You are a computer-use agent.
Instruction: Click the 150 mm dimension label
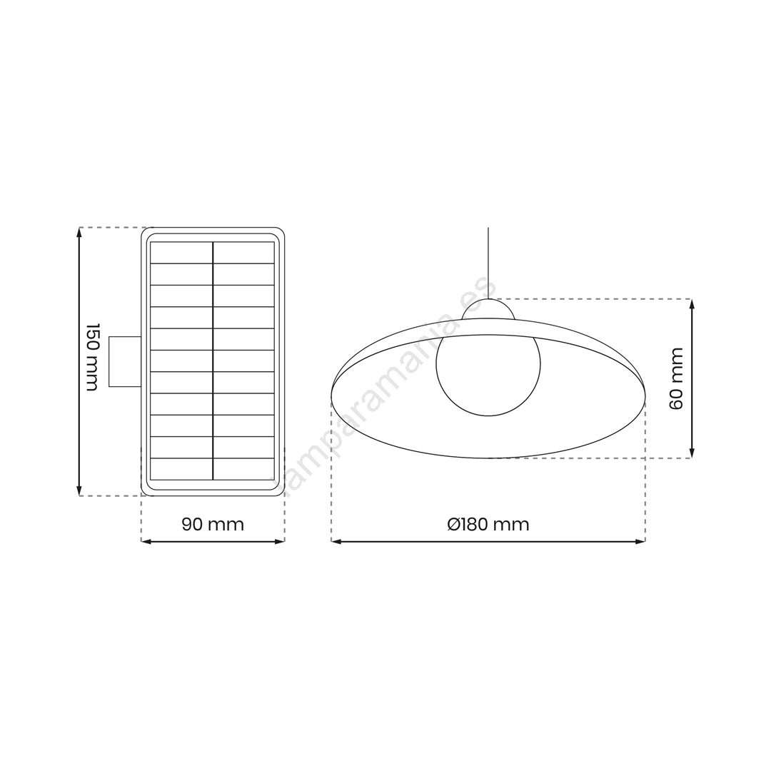click(92, 357)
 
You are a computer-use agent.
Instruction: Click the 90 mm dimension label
click(213, 524)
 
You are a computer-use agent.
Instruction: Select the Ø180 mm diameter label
click(488, 524)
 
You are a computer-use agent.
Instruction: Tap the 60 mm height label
click(677, 378)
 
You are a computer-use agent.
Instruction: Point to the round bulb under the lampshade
click(488, 364)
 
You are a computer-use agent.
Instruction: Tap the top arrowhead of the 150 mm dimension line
click(79, 231)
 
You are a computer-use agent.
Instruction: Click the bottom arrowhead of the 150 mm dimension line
click(79, 491)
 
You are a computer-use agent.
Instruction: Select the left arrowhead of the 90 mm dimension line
click(146, 541)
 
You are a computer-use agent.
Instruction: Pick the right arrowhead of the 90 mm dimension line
click(280, 541)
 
